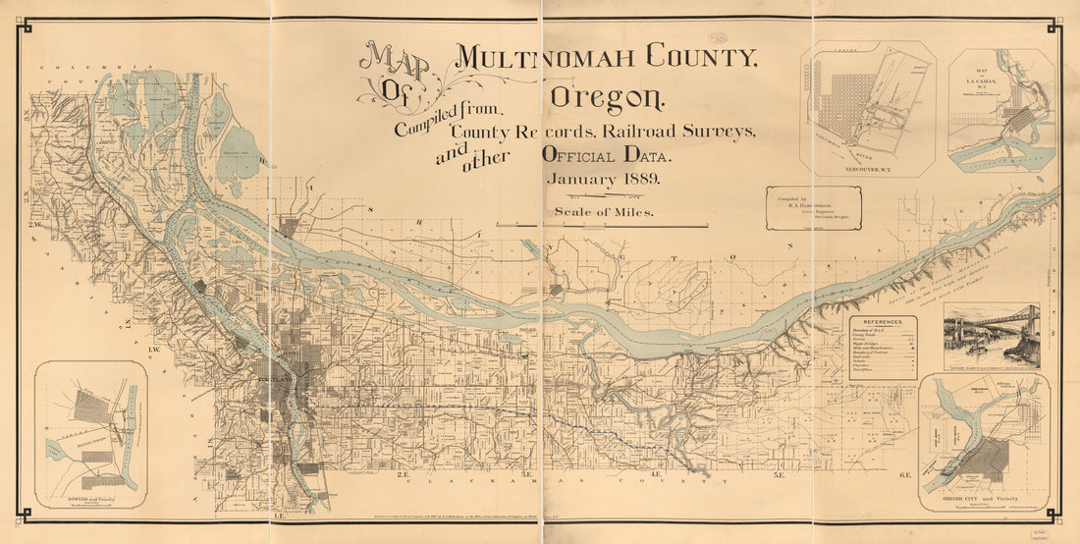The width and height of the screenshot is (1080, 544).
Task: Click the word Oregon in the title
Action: tap(608, 97)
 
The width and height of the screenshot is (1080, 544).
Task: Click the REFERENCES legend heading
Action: tap(883, 322)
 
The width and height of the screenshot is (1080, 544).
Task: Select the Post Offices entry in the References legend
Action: tap(870, 373)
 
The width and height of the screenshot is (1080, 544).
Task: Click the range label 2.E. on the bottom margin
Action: tap(403, 475)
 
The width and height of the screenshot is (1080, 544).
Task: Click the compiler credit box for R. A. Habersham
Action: tap(814, 208)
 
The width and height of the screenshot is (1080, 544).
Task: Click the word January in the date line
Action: tap(580, 180)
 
